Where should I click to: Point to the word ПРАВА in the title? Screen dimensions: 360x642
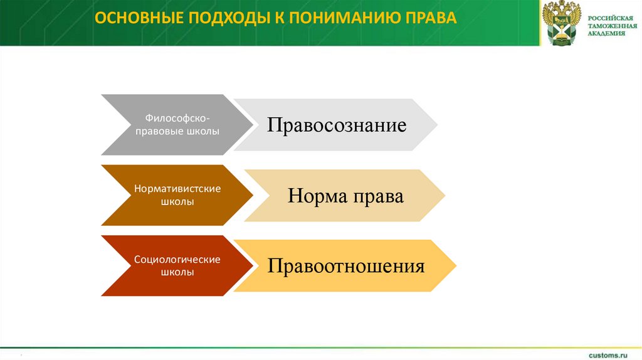point(428,17)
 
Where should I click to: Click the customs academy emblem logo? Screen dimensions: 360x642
point(562,23)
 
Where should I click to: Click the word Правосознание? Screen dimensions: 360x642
point(337,125)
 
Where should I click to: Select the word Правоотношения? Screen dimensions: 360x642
point(346,266)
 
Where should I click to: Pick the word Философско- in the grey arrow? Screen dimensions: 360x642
point(177,118)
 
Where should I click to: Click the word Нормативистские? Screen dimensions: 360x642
point(177,188)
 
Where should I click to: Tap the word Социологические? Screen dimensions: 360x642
point(177,258)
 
